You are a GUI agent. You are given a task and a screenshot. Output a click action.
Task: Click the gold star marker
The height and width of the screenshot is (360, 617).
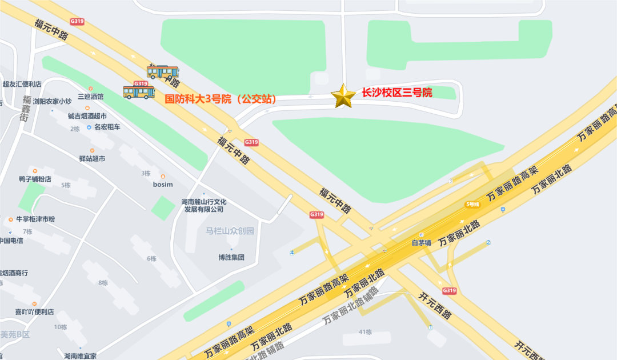coord(343,96)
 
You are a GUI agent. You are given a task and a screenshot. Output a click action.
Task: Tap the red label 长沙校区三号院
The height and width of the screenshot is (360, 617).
coord(396,93)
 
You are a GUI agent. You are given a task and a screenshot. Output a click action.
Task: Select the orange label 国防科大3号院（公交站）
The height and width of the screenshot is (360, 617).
coord(221,99)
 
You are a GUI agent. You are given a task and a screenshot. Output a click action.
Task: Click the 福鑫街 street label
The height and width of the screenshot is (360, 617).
coord(26,108)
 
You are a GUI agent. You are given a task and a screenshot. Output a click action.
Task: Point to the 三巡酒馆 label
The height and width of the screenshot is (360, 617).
coord(91,97)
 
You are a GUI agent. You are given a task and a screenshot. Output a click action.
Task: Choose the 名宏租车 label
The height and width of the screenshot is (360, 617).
coord(107,127)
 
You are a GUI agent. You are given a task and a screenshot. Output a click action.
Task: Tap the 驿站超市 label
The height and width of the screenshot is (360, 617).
coord(92,158)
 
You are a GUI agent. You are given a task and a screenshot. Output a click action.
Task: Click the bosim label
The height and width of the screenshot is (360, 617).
coord(163,185)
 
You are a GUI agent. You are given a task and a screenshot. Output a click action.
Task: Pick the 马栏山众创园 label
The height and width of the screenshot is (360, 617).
coord(230,231)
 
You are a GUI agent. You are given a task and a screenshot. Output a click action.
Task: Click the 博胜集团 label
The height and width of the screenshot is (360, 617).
coord(231,257)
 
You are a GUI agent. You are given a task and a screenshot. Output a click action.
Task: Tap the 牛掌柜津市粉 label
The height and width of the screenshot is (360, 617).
coord(35,219)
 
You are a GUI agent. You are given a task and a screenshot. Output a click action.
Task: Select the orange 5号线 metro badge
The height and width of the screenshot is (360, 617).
coord(472,204)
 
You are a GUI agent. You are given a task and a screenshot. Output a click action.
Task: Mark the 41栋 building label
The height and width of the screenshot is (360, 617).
coord(365,332)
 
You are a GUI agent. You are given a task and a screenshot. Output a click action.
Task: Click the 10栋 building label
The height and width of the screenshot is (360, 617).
coord(61,327)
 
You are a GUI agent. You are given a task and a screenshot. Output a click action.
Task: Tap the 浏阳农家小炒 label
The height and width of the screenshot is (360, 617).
coord(53,102)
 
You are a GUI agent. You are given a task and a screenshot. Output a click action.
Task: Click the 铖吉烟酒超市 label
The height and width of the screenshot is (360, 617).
coord(87,116)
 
